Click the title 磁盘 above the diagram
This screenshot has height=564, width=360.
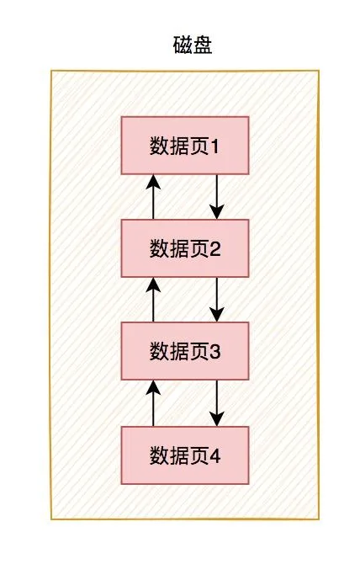click(193, 45)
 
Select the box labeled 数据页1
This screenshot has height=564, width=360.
click(185, 146)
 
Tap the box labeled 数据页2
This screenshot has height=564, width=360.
click(185, 248)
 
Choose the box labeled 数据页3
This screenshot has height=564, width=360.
click(185, 351)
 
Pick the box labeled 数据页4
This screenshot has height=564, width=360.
click(185, 455)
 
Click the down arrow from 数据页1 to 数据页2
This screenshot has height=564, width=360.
click(217, 197)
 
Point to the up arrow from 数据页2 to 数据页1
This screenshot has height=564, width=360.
click(153, 197)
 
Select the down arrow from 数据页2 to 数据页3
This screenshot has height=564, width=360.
click(217, 300)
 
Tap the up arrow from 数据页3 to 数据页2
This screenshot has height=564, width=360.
click(153, 300)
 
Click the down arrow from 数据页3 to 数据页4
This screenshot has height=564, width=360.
click(217, 403)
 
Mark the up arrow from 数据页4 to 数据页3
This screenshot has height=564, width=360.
click(153, 403)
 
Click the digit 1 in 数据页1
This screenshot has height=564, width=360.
click(214, 146)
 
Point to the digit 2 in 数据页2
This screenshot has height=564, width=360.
click(214, 249)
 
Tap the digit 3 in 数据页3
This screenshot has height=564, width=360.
click(214, 352)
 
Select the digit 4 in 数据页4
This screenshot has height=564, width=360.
click(215, 455)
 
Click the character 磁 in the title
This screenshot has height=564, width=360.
click(183, 45)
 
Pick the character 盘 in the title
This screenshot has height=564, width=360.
click(203, 45)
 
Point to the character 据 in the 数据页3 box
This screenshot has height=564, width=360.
click(180, 351)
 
